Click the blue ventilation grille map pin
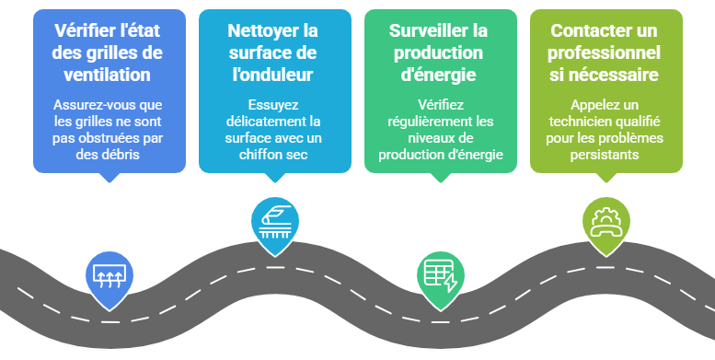click(108, 275)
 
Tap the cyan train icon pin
click(273, 222)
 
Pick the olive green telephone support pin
click(605, 222)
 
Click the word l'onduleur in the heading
click(274, 75)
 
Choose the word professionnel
click(605, 52)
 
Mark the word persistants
click(605, 155)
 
